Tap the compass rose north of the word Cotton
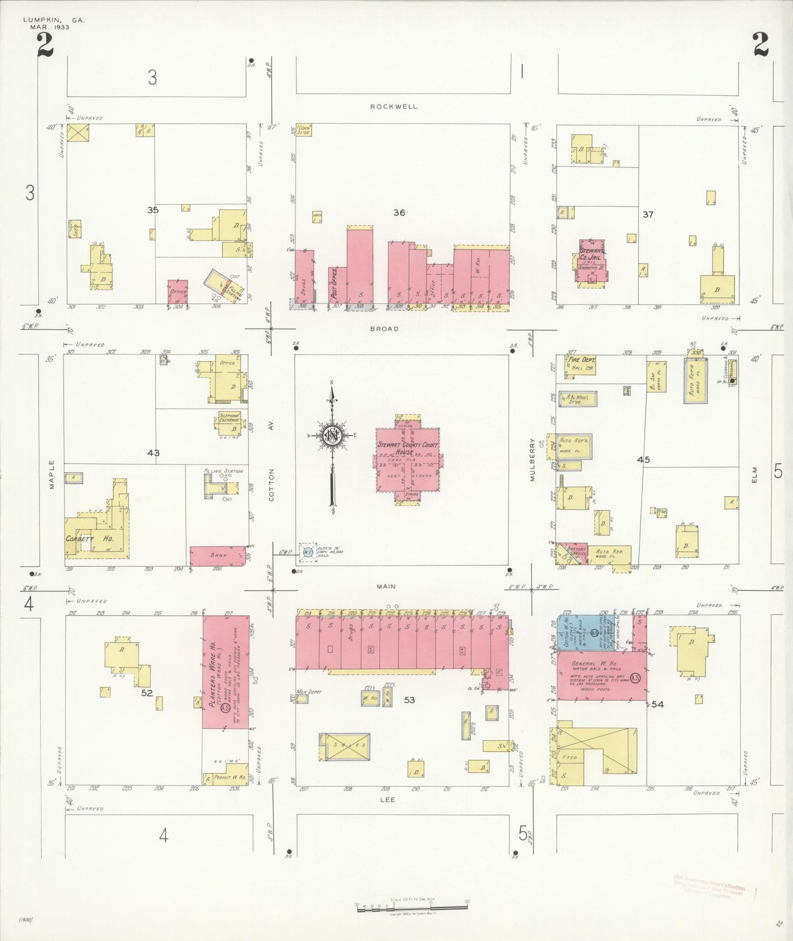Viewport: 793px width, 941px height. point(332,436)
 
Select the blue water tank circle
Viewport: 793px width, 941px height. point(308,553)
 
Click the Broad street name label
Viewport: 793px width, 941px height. point(384,329)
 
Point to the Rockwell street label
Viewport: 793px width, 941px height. point(393,107)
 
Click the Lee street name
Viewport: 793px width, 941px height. point(387,800)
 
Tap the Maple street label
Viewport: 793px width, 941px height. point(52,474)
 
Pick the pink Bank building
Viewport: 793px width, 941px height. point(218,556)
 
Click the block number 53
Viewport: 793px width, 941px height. point(409,700)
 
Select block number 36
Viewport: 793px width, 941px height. point(399,212)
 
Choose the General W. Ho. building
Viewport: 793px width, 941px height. point(601,675)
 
